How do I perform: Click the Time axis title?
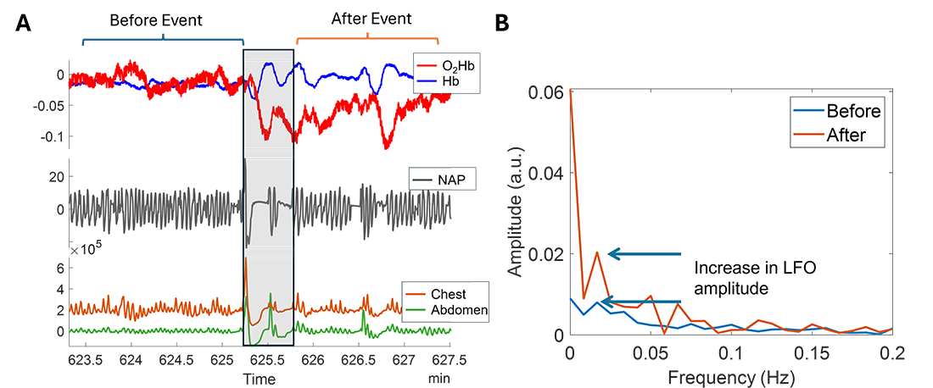pyautogui.click(x=261, y=378)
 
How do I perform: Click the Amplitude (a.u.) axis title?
pyautogui.click(x=515, y=210)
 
